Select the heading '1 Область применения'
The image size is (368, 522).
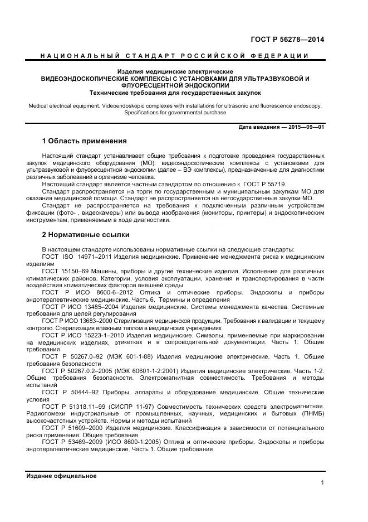[85, 141]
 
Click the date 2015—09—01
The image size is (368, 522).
[306, 127]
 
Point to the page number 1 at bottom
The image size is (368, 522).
[322, 482]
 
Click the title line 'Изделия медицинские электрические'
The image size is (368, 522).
[175, 72]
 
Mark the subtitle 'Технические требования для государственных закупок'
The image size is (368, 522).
[175, 93]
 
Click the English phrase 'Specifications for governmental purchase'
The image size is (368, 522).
[175, 112]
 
